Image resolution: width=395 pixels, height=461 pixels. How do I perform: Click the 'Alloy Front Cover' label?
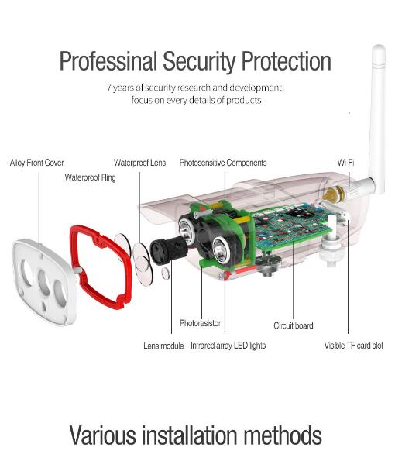[x=36, y=163]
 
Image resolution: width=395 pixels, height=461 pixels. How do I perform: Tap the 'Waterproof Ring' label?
[x=90, y=177]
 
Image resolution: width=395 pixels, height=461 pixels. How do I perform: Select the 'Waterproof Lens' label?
[x=139, y=163]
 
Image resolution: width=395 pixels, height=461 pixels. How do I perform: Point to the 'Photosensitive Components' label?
[x=223, y=163]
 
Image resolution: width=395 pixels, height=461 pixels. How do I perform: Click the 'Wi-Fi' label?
[x=345, y=163]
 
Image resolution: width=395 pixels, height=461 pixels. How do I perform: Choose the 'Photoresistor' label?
[x=200, y=323]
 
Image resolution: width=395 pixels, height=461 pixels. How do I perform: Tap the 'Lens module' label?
[x=163, y=346]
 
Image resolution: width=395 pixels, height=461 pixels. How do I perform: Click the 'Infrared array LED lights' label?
[x=228, y=346]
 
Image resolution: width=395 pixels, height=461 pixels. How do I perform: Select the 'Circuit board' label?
[x=294, y=325]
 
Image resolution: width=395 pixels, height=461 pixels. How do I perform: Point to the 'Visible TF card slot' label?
[x=354, y=346]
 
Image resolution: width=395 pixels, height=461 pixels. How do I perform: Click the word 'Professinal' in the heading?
[x=108, y=61]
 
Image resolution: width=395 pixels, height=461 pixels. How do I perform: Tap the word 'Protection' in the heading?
[x=287, y=61]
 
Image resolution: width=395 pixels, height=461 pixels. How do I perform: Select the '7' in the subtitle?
[x=109, y=88]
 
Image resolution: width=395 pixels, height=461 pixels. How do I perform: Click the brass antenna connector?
[x=332, y=194]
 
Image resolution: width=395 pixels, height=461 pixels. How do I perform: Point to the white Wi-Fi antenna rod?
[x=378, y=118]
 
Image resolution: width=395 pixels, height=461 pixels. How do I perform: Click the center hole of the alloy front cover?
[x=44, y=282]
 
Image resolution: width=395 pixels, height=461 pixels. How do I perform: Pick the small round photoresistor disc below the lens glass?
[x=166, y=274]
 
